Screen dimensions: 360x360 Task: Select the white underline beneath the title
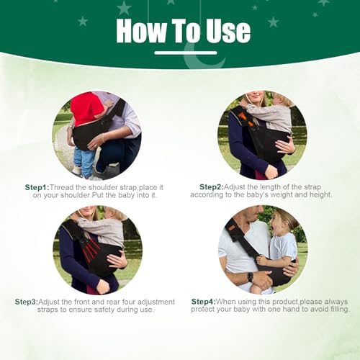point(186,53)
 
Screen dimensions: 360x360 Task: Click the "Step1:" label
point(37,187)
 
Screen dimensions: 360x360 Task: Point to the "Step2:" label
point(212,187)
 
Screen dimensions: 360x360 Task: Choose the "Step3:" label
point(27,302)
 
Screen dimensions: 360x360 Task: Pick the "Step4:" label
point(203,302)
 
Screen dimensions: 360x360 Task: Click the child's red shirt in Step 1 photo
point(86,109)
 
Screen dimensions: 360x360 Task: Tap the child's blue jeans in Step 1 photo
point(84,160)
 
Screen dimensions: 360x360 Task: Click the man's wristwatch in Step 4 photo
point(250,276)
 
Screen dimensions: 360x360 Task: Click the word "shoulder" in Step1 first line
point(103,187)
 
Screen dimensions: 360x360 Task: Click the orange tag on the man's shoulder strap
point(232,228)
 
